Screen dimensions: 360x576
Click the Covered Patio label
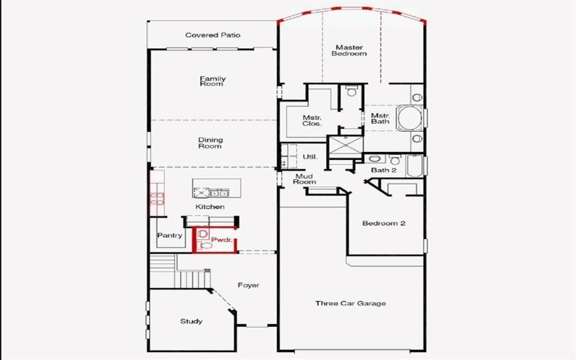[212, 35]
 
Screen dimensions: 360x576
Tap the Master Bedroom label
[349, 50]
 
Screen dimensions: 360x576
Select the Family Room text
[212, 81]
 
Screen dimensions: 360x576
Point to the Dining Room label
[210, 143]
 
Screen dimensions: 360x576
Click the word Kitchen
[210, 207]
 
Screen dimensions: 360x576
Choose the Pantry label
[169, 235]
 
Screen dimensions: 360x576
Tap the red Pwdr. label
[220, 240]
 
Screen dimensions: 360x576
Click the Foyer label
[248, 285]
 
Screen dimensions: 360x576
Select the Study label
[191, 321]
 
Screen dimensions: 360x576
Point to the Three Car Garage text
[351, 303]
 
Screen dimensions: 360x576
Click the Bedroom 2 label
[384, 224]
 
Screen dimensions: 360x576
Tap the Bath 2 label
[384, 170]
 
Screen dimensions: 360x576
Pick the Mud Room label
[305, 179]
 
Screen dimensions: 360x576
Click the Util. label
[310, 156]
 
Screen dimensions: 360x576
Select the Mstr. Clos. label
[312, 120]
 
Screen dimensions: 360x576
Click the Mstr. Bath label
[380, 119]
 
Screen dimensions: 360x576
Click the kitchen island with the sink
[210, 192]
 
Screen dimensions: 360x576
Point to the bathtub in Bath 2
[415, 166]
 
